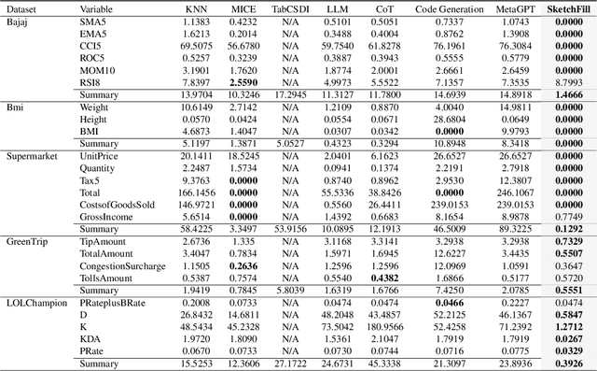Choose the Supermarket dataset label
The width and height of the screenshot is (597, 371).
coord(33,154)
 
